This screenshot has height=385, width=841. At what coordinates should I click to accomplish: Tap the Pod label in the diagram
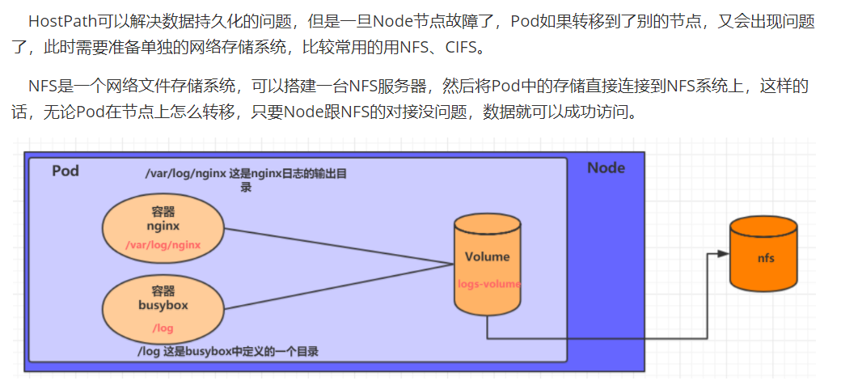pyautogui.click(x=66, y=171)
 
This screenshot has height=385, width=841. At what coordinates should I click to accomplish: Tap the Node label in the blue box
pyautogui.click(x=606, y=167)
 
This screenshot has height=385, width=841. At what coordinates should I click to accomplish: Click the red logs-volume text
pyautogui.click(x=488, y=284)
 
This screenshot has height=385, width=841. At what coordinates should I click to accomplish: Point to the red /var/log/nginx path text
pyautogui.click(x=163, y=243)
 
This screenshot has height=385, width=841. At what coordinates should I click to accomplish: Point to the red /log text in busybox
pyautogui.click(x=163, y=328)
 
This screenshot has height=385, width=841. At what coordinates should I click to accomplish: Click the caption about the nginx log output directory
pyautogui.click(x=246, y=179)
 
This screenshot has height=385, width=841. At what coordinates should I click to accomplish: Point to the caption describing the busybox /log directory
pyautogui.click(x=227, y=351)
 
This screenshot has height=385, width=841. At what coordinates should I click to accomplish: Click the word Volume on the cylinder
pyautogui.click(x=487, y=256)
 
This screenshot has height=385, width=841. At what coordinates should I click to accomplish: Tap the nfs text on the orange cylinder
pyautogui.click(x=765, y=258)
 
